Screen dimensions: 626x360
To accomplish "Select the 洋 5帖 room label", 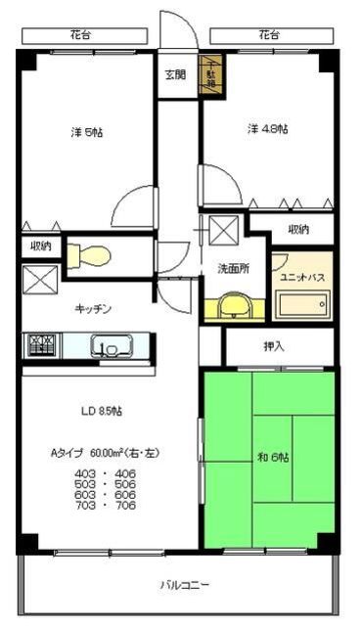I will click(85, 132).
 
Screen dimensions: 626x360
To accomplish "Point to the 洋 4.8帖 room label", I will click(266, 128).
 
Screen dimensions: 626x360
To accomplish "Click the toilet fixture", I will click(94, 255).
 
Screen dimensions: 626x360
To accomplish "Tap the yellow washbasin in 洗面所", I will click(231, 307).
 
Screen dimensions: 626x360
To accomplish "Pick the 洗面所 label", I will click(234, 268).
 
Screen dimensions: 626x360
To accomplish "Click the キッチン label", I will click(94, 309).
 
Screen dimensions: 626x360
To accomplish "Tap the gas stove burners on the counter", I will click(42, 344).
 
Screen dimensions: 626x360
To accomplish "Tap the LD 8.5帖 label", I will click(101, 411).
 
